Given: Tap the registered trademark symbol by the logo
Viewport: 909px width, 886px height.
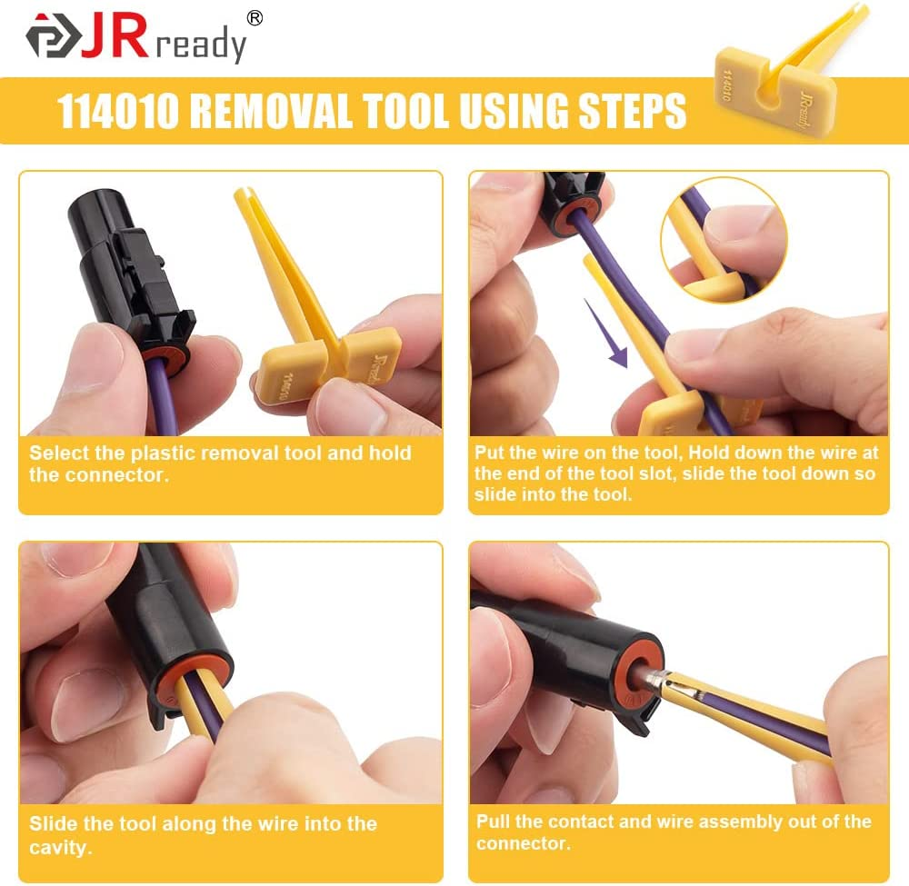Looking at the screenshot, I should point(255,18).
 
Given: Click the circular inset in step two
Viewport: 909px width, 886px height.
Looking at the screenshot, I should point(723,239).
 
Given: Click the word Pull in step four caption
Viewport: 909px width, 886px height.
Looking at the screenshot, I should point(493,821).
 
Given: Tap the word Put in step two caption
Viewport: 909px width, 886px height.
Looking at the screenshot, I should point(490,452).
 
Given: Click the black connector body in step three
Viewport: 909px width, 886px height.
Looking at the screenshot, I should point(159,618).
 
